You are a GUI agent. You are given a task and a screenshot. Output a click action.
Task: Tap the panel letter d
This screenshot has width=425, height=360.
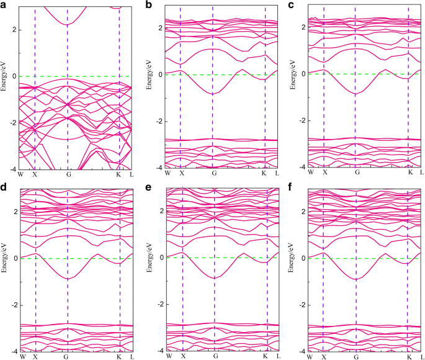pyautogui.click(x=6, y=185)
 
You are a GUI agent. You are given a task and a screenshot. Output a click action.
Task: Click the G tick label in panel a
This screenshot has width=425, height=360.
pyautogui.click(x=67, y=174)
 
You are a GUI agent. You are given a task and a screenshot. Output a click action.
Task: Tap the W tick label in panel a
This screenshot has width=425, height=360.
pyautogui.click(x=20, y=174)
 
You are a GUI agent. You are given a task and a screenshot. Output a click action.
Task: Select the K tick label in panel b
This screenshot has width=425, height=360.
pyautogui.click(x=264, y=172)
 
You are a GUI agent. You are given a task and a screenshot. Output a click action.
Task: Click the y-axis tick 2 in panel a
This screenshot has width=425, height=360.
pyautogui.click(x=13, y=30)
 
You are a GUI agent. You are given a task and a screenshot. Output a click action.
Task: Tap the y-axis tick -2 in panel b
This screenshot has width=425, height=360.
pyautogui.click(x=158, y=121)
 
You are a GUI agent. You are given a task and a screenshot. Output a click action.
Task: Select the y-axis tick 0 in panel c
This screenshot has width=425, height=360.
pyautogui.click(x=303, y=74)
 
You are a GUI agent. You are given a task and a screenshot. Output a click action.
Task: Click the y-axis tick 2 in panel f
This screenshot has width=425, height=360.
pyautogui.click(x=303, y=212)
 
